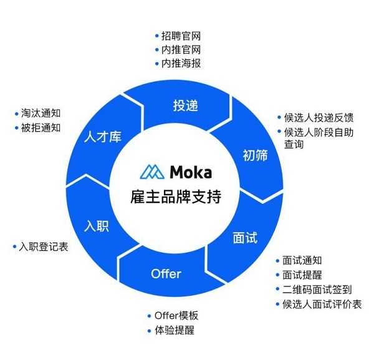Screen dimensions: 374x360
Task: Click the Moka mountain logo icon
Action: [x=152, y=172]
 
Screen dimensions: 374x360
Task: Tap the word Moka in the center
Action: [x=191, y=172]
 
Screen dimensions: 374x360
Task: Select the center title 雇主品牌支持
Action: [x=176, y=197]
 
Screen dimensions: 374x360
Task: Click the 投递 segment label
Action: [x=185, y=105]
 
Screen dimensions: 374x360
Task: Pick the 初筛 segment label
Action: [x=255, y=155]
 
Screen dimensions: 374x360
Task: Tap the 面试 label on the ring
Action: [x=245, y=238]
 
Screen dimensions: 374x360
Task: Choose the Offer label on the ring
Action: [x=166, y=273]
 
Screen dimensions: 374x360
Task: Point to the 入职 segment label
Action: [x=97, y=226]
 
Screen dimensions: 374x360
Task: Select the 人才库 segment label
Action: [x=103, y=137]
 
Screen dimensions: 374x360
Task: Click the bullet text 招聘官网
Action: [x=181, y=36]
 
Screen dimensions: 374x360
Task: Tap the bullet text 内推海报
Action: [x=181, y=63]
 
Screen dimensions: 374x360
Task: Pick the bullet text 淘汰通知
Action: [x=41, y=113]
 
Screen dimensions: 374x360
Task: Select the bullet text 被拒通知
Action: [x=41, y=128]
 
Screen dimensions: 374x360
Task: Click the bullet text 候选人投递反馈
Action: [x=319, y=118]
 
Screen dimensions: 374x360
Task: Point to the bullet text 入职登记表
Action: [x=44, y=246]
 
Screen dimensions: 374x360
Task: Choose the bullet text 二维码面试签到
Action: [x=317, y=289]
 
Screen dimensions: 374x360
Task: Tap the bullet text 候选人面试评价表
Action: [x=322, y=304]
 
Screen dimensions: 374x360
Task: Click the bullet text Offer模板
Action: [x=176, y=316]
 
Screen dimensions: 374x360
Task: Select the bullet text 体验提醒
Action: [x=175, y=330]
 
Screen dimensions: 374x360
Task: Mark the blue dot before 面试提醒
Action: [x=277, y=275]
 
